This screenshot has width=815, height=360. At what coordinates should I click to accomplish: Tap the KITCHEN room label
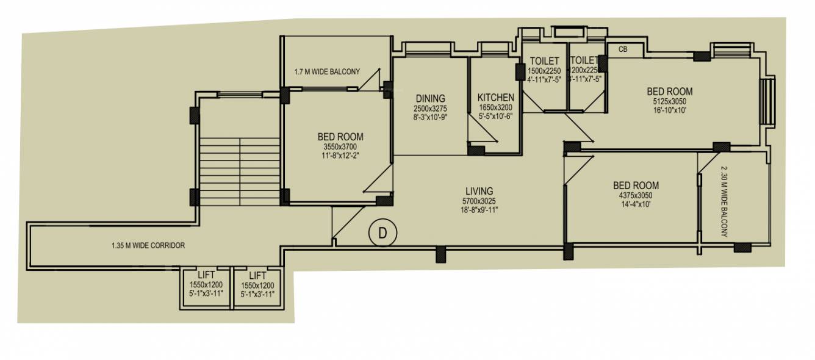coord(495,98)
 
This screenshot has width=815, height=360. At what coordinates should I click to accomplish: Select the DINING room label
coord(430,98)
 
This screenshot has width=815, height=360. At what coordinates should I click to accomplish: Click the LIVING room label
coord(478,191)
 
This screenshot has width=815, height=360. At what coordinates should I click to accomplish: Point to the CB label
coord(623,49)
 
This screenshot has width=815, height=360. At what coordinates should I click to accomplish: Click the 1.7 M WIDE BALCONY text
coord(327,71)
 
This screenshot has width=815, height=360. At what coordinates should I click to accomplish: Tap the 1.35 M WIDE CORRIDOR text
coord(148,246)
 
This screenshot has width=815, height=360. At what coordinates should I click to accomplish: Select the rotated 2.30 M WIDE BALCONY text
coord(725,201)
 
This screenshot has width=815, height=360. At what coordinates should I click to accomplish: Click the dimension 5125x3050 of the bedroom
coord(670,101)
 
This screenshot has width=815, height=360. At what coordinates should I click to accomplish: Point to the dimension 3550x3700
coord(340,146)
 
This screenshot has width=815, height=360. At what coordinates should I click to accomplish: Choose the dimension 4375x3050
coord(636,195)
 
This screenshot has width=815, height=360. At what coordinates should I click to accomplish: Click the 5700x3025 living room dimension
coord(478,201)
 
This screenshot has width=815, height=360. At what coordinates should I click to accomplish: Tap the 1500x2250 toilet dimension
coord(544,70)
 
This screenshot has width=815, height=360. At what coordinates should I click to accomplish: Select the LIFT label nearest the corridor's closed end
coord(206,275)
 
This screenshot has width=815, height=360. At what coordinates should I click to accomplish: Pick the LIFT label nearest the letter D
coord(257,275)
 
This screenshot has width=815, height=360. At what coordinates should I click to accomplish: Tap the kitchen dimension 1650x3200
coord(495,107)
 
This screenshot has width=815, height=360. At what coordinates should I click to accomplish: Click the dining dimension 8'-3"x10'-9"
coord(430,117)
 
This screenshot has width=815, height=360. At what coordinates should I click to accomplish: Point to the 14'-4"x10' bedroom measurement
coord(636,204)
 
